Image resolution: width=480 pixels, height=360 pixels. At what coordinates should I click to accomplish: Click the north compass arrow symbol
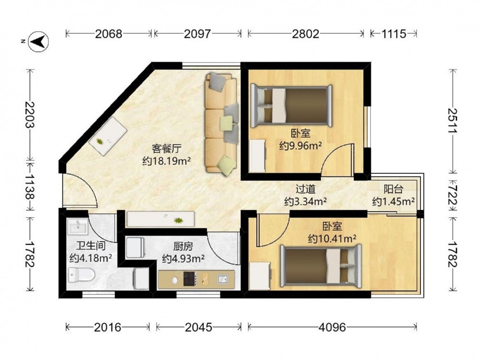38,41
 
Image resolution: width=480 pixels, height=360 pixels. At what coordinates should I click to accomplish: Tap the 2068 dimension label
108,34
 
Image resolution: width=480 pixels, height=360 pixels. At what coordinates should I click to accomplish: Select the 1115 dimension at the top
394,34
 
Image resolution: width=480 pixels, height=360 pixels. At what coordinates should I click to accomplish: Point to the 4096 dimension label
332,327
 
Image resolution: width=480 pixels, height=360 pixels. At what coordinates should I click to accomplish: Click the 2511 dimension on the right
453,120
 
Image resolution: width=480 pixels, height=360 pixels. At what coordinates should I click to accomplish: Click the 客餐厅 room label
167,149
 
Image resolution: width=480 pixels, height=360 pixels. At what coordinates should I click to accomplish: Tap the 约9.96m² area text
300,146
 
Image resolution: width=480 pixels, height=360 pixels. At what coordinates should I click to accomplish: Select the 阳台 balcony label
394,189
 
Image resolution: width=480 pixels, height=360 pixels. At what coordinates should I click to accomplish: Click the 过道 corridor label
305,189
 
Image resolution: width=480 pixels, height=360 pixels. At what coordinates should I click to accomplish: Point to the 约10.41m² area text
332,239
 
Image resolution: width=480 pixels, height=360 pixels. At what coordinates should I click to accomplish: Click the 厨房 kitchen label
183,246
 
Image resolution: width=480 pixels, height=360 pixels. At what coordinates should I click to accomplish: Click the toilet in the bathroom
81,274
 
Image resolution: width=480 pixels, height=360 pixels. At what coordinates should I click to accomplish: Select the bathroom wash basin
78,227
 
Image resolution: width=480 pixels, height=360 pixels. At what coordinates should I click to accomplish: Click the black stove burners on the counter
190,279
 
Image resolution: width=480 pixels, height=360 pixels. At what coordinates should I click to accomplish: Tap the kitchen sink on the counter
223,279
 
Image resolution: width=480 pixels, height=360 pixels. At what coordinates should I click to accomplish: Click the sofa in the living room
221,122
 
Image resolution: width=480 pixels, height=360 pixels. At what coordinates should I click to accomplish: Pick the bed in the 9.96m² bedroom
291,106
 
